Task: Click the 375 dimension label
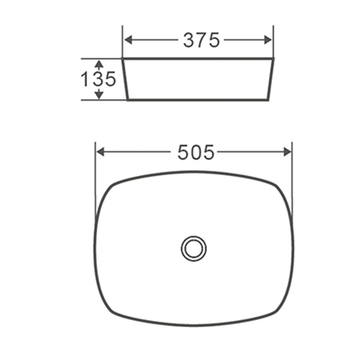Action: click(201, 40)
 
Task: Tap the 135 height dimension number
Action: click(98, 79)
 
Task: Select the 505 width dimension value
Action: click(196, 153)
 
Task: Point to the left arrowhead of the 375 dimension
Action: click(128, 40)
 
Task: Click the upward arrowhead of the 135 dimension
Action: click(99, 64)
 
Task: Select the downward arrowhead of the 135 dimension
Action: click(99, 95)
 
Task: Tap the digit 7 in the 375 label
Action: click(201, 40)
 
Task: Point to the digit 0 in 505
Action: click(196, 153)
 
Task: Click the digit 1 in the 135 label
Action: click(85, 79)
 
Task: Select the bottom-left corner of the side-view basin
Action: click(128, 99)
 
